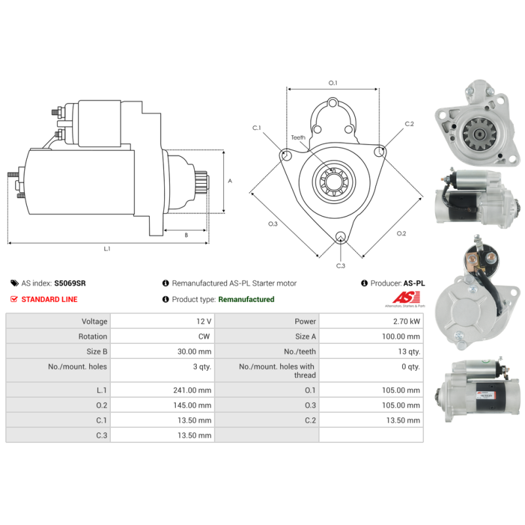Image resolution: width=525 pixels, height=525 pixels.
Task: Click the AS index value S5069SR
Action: click(70, 283)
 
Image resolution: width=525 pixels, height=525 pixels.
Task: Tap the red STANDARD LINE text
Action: click(49, 299)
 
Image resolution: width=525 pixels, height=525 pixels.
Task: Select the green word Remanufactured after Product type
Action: click(246, 299)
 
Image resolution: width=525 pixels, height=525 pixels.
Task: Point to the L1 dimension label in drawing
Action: click(107, 249)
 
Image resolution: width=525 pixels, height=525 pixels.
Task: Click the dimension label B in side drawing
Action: click(186, 234)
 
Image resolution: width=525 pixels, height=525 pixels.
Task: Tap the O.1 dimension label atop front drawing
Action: click(332, 83)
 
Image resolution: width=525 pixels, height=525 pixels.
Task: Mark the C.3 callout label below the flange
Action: click(341, 266)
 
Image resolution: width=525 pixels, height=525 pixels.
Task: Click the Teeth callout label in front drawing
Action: click(298, 137)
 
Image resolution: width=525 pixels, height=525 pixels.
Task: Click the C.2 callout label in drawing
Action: click(409, 124)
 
